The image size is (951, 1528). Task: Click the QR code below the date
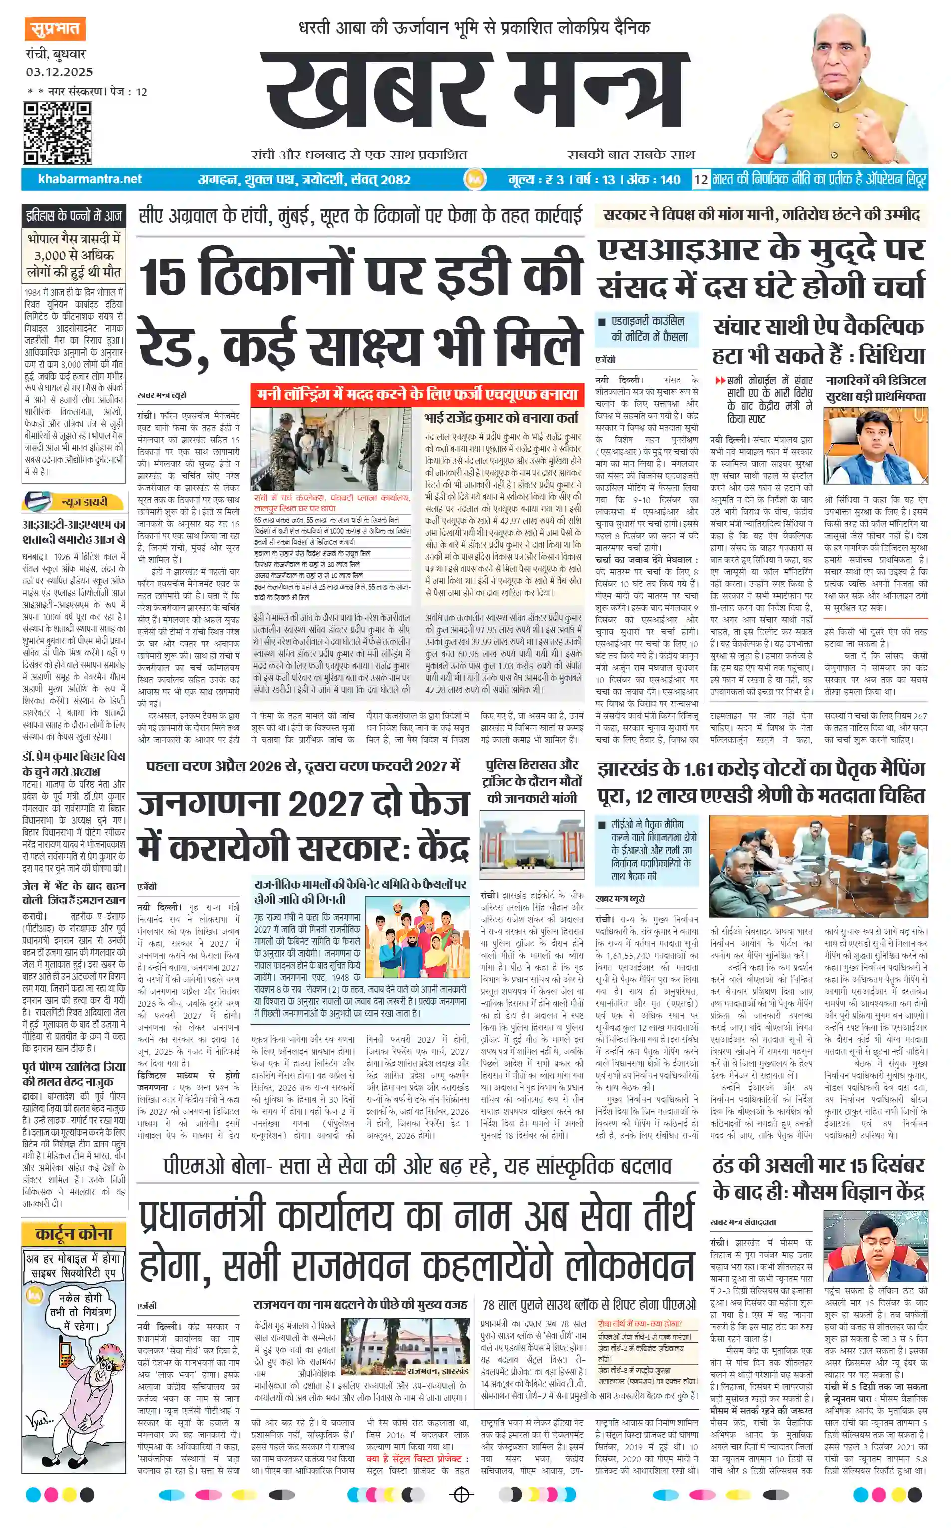(57, 133)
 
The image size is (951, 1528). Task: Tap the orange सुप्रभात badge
(55, 29)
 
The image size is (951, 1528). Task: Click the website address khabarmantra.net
(90, 179)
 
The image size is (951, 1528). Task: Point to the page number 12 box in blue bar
(700, 180)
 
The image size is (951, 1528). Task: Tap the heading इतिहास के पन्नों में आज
(73, 216)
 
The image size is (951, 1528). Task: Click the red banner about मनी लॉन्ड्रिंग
(417, 395)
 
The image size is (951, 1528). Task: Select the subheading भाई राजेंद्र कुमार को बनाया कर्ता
(501, 418)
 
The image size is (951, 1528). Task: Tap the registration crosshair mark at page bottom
(462, 1494)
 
